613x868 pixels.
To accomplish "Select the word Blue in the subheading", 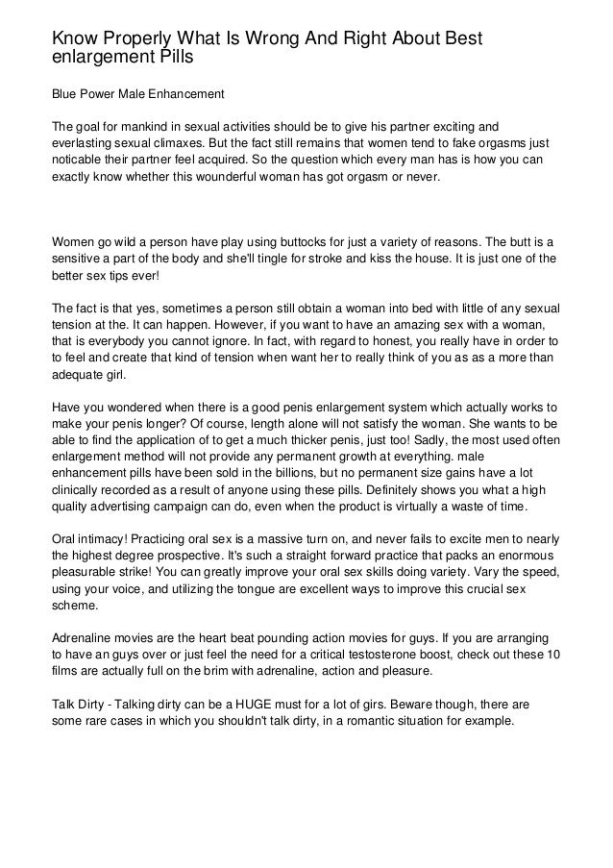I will tap(67, 95).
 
